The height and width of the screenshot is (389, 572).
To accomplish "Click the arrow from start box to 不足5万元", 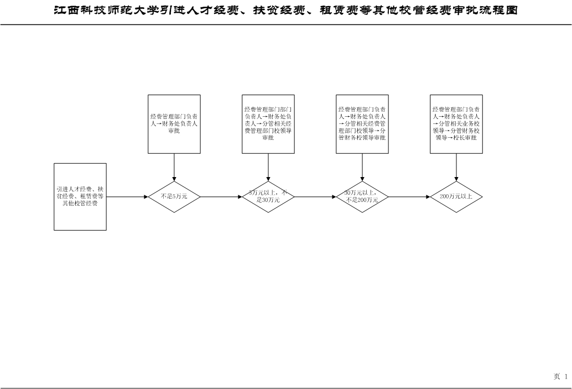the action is coord(127,196).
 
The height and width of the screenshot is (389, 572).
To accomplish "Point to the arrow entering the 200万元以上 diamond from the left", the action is coord(409,196).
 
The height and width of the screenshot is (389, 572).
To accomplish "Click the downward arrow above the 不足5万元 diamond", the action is coord(174,167).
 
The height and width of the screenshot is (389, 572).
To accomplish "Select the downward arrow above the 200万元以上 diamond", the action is coord(456,167).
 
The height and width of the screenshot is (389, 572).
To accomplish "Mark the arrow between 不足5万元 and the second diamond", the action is coord(221,196).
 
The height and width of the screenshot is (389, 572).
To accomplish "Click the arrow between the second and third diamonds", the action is coord(315,196).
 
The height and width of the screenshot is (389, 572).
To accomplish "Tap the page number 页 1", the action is coord(561,377).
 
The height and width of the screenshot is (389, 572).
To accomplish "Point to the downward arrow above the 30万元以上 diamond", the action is coord(362,167).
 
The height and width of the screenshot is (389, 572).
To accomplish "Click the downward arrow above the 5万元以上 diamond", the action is coord(268,167).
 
